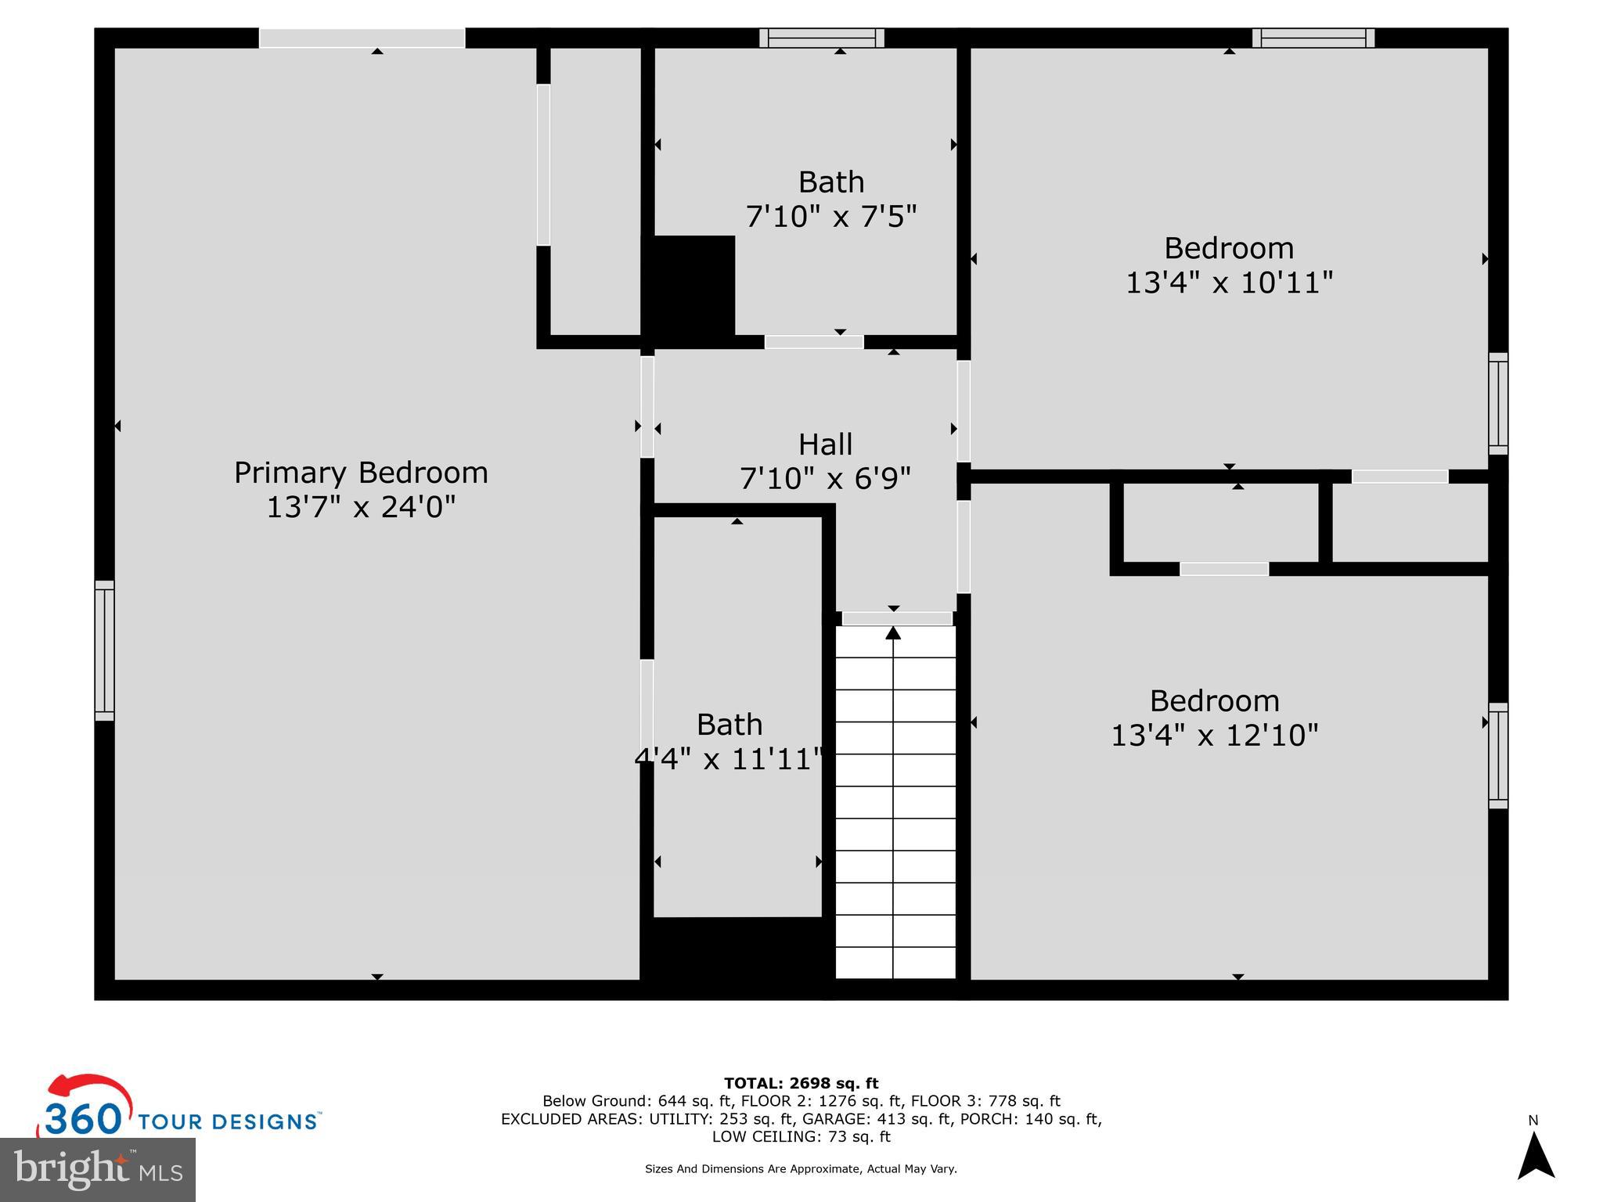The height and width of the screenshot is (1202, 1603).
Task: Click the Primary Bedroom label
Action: (x=361, y=473)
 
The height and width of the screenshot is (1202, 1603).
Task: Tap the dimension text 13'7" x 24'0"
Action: (x=361, y=507)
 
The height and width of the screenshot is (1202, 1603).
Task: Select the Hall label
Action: (x=825, y=444)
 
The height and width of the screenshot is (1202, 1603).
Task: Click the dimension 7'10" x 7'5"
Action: (x=830, y=216)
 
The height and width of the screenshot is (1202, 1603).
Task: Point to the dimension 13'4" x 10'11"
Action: (x=1229, y=283)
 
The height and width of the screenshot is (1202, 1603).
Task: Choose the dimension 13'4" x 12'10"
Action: (x=1215, y=735)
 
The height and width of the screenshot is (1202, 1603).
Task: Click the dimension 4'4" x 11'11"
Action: (x=729, y=758)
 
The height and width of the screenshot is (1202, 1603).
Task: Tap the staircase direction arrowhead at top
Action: (x=893, y=632)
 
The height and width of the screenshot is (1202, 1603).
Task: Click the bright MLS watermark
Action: (x=98, y=1169)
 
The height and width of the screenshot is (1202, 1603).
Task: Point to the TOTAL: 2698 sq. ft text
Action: (x=801, y=1083)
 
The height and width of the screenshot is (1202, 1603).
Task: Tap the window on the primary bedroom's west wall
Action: (x=104, y=650)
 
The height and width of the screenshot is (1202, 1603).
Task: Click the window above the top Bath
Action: (x=821, y=38)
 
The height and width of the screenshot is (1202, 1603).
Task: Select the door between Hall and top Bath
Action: (x=814, y=342)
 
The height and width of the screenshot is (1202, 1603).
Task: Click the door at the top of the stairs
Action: (x=897, y=618)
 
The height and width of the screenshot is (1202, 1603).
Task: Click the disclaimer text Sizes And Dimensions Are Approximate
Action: (x=801, y=1169)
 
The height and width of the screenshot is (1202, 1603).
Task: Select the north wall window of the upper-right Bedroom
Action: (x=1313, y=38)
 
